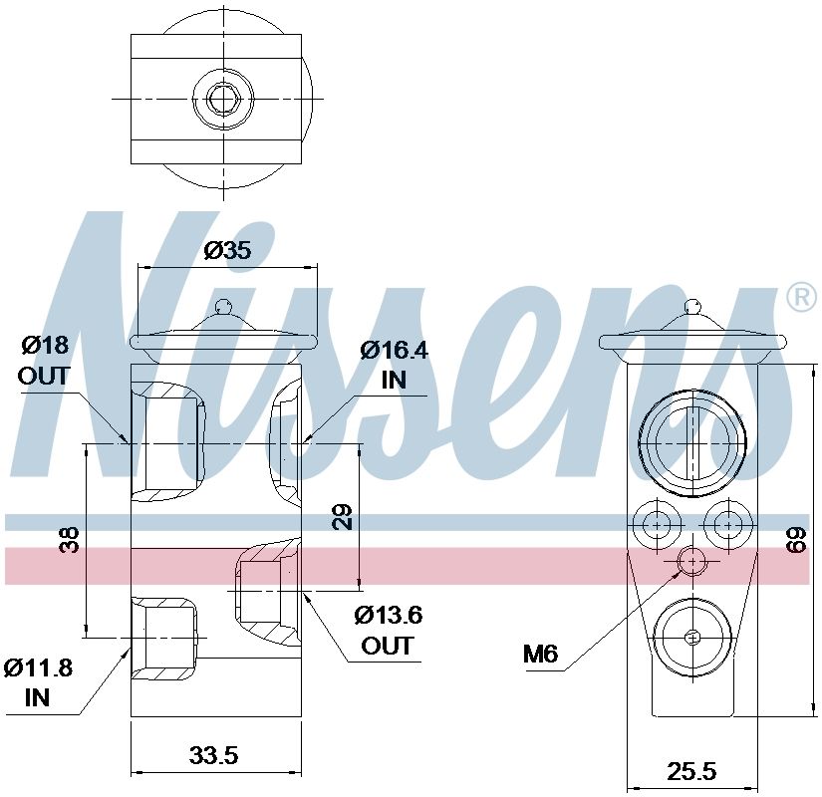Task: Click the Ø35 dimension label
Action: pyautogui.click(x=227, y=251)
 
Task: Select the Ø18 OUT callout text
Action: pyautogui.click(x=44, y=361)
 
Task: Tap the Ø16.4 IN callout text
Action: pyautogui.click(x=393, y=364)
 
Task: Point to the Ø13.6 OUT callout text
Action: pyautogui.click(x=388, y=630)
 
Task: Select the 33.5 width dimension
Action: pyautogui.click(x=213, y=756)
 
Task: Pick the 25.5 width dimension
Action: pyautogui.click(x=691, y=771)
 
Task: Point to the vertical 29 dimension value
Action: pyautogui.click(x=343, y=516)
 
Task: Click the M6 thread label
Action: pyautogui.click(x=541, y=655)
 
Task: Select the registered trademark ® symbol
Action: pyautogui.click(x=800, y=297)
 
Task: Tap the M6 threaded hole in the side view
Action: pyautogui.click(x=691, y=563)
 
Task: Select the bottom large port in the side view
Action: pyautogui.click(x=691, y=637)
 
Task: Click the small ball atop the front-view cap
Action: pyautogui.click(x=226, y=306)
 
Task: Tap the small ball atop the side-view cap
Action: pyautogui.click(x=691, y=306)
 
